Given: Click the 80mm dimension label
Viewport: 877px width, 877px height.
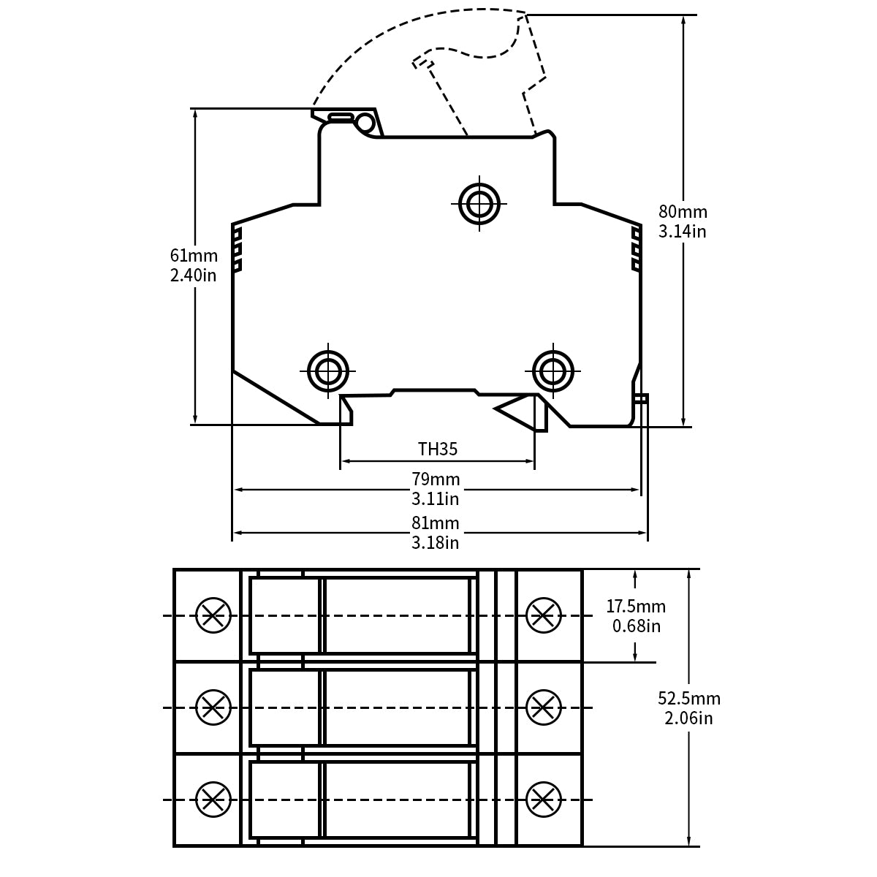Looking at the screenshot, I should tap(683, 212).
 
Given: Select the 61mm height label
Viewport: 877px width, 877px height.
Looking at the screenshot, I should tap(194, 256).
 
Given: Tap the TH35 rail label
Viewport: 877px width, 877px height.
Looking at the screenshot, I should tap(437, 449).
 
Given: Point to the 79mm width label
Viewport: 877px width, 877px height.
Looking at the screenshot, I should tap(436, 479).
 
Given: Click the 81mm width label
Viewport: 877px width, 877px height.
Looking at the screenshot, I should tap(436, 523).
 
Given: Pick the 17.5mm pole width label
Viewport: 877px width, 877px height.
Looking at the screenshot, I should tap(636, 606).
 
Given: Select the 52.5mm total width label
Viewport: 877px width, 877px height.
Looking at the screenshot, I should tap(689, 699).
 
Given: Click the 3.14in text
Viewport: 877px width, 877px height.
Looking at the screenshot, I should tap(683, 232).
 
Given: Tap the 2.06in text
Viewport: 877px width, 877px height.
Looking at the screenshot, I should tap(689, 718).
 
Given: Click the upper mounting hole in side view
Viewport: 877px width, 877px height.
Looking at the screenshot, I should tap(479, 203).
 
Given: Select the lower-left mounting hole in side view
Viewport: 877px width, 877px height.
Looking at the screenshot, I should tap(328, 371).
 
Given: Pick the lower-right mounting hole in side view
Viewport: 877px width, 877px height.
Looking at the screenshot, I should tap(553, 371).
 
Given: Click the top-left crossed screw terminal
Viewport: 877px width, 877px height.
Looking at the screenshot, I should tap(213, 615).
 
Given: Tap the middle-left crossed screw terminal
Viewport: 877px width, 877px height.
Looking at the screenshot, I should tap(213, 707).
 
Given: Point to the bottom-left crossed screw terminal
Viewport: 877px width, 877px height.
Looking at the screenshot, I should tap(213, 800).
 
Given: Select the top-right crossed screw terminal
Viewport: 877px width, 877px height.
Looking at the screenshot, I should tap(544, 615).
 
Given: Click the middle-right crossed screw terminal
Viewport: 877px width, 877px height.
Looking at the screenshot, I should tap(544, 707).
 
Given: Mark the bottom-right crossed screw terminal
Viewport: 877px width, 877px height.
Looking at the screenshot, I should tap(544, 800).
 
